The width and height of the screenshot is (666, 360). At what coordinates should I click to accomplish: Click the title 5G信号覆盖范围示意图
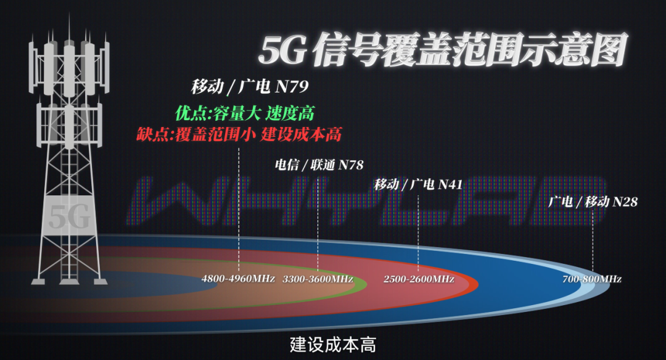[443, 50]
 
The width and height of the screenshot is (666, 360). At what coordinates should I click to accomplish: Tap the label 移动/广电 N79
[250, 86]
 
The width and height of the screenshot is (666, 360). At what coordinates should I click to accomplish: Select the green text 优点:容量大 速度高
[245, 113]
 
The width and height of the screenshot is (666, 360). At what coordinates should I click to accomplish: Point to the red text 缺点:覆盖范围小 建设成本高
[239, 134]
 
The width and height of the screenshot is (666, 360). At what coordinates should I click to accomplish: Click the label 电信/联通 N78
[319, 165]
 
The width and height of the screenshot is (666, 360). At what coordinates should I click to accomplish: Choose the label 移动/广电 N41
[418, 185]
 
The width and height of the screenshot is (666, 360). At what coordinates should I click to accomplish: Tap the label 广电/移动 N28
[593, 201]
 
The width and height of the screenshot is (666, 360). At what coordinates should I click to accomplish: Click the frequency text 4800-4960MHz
[238, 279]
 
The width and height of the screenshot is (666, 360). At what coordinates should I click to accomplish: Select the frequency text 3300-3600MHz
[318, 279]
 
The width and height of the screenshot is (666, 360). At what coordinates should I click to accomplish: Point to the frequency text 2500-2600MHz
[419, 279]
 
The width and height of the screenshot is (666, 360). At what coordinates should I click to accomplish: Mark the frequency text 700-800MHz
[591, 279]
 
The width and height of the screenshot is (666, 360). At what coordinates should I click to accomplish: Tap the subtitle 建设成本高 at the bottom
[333, 345]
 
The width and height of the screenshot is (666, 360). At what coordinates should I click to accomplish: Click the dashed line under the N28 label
[593, 242]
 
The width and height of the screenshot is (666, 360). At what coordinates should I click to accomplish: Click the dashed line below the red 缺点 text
[239, 210]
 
